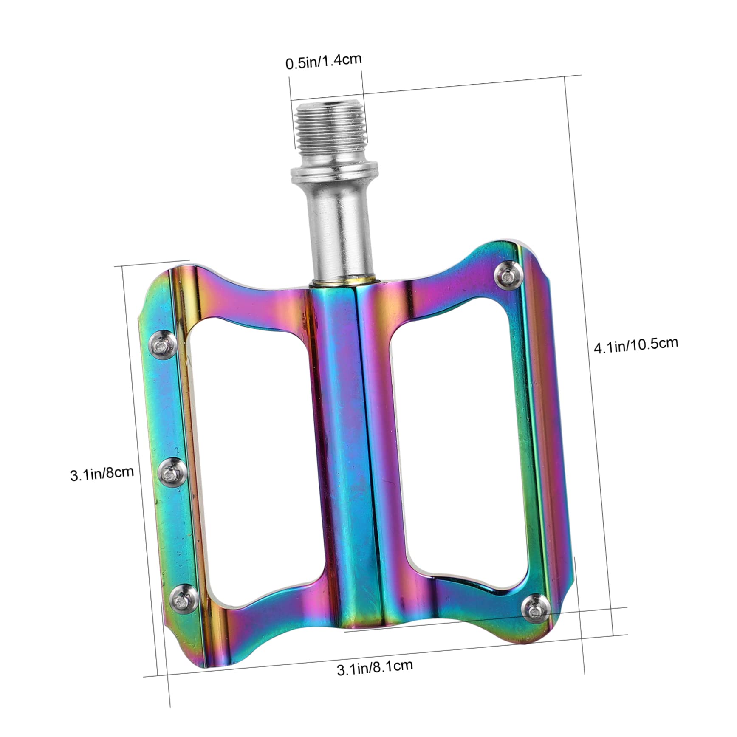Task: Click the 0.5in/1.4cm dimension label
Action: click(x=323, y=61)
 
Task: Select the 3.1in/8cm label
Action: click(x=102, y=473)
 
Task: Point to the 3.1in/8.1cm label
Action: click(x=375, y=667)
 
